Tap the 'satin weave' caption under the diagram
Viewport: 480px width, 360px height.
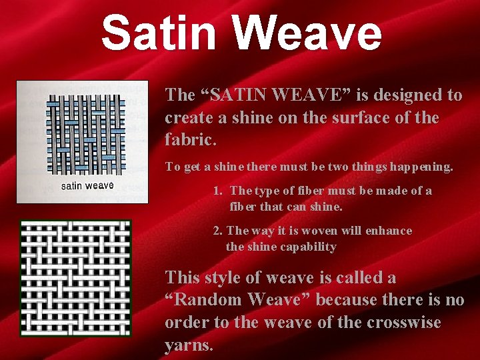(x=87, y=185)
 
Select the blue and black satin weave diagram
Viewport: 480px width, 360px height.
(x=87, y=133)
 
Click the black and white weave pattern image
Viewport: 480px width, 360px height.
(x=75, y=277)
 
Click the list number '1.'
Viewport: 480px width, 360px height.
(x=218, y=191)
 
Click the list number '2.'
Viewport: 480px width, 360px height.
(x=218, y=231)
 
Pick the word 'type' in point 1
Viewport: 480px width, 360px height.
(x=267, y=191)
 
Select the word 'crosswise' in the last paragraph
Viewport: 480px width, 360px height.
(x=407, y=323)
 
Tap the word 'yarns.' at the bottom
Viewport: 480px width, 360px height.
(x=189, y=345)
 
